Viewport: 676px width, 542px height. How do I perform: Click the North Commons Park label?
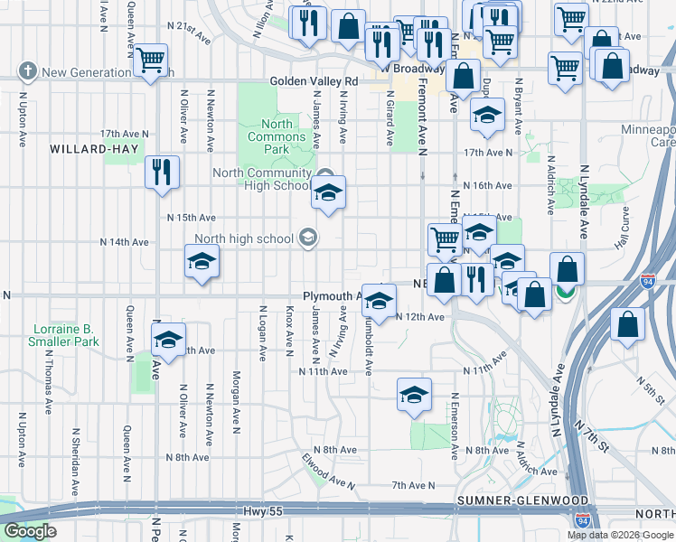[277, 135]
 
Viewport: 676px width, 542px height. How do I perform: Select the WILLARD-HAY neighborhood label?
[86, 149]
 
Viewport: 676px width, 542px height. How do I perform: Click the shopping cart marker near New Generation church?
[152, 61]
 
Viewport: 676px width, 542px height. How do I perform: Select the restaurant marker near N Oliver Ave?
[163, 172]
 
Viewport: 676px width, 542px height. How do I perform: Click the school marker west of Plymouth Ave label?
[202, 263]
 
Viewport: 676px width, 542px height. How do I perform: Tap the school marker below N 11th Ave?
[414, 395]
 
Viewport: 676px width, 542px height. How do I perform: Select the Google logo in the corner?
[31, 531]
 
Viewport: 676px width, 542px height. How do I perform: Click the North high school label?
[243, 238]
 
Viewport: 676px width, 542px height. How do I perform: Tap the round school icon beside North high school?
[307, 238]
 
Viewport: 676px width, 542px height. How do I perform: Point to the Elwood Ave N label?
[330, 471]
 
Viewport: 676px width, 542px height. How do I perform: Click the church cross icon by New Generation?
[28, 71]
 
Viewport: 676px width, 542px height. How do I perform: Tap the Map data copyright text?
[620, 535]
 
